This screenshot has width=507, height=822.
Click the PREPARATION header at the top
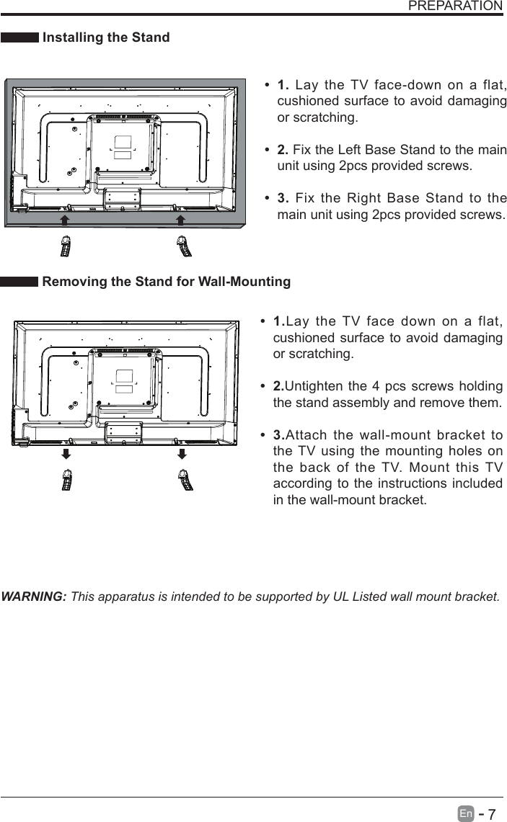coord(455,6)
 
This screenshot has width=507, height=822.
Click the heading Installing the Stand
coord(106,37)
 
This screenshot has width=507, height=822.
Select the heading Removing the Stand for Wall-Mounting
coord(167,282)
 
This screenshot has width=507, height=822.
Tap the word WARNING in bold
coord(35,597)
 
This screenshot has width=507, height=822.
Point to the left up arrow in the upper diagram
coord(64,219)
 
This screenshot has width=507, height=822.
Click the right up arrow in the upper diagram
coord(181,219)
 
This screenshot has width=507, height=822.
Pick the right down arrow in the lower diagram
coord(182,454)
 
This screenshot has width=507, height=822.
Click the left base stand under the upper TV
coord(65,246)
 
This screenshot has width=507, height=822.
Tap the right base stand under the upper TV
coord(185,246)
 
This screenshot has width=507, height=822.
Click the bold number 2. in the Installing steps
coord(283,150)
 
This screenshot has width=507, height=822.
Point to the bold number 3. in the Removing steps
coord(279,435)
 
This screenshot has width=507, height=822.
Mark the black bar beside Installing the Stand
coord(19,38)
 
